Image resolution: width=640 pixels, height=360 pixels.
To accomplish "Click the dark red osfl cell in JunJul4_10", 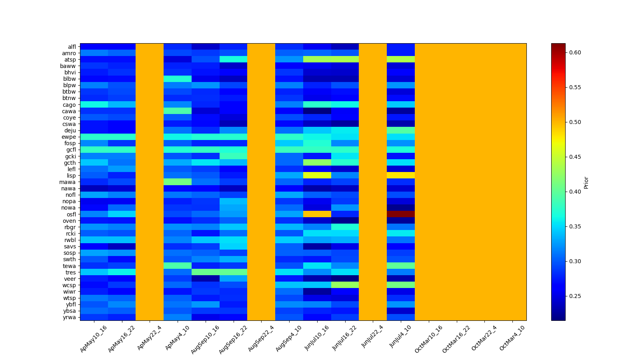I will (400, 214).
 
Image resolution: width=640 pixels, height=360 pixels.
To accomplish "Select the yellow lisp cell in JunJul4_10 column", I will (400, 175).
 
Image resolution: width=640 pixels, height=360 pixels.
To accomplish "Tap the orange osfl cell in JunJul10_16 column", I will (317, 214).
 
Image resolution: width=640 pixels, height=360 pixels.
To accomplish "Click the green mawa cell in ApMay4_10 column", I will (177, 182).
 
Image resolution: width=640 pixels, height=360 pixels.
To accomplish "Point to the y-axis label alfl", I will (72, 47).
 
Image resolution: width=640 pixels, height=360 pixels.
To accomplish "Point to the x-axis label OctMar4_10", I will (512, 338).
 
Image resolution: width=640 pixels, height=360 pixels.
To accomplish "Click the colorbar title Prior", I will (586, 182).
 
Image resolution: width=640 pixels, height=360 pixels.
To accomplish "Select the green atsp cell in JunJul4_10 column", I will (400, 59).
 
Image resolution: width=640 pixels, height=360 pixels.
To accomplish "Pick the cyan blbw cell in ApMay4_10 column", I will (177, 79).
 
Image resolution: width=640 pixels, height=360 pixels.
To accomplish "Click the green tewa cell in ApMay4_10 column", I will (177, 266).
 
